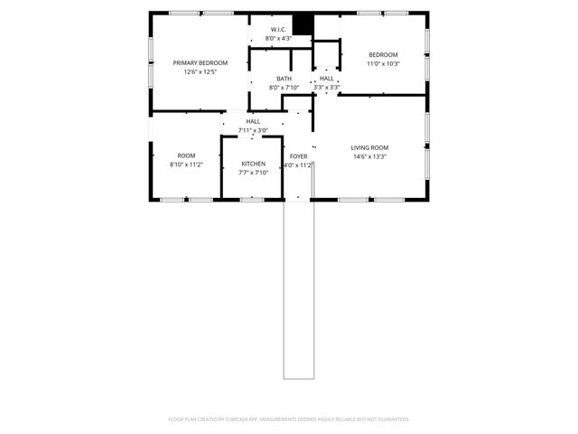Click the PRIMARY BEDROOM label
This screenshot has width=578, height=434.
pos(200,62)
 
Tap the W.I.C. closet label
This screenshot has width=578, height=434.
pos(278,30)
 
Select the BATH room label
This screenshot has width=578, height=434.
pos(284,79)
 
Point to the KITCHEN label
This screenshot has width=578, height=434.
pos(253,164)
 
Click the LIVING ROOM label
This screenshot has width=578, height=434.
pos(369,147)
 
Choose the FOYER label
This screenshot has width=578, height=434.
pos(298,156)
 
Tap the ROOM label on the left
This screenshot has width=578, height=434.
pos(186,156)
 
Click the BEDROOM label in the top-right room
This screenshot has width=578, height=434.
pos(382,55)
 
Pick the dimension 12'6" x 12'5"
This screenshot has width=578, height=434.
pos(200,71)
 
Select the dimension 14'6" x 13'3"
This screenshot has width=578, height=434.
pos(369,156)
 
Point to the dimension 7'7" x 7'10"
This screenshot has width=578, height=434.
pos(253,173)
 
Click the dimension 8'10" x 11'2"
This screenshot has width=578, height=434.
pos(186,165)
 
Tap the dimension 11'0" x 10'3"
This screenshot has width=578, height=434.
pos(382,64)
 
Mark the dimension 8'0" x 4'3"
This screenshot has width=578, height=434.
pos(278,39)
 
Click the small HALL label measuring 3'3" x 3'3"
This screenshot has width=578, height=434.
pos(326,79)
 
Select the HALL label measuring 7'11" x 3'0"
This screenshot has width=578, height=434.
pos(253,121)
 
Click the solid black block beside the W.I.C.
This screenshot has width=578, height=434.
pos(302,25)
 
